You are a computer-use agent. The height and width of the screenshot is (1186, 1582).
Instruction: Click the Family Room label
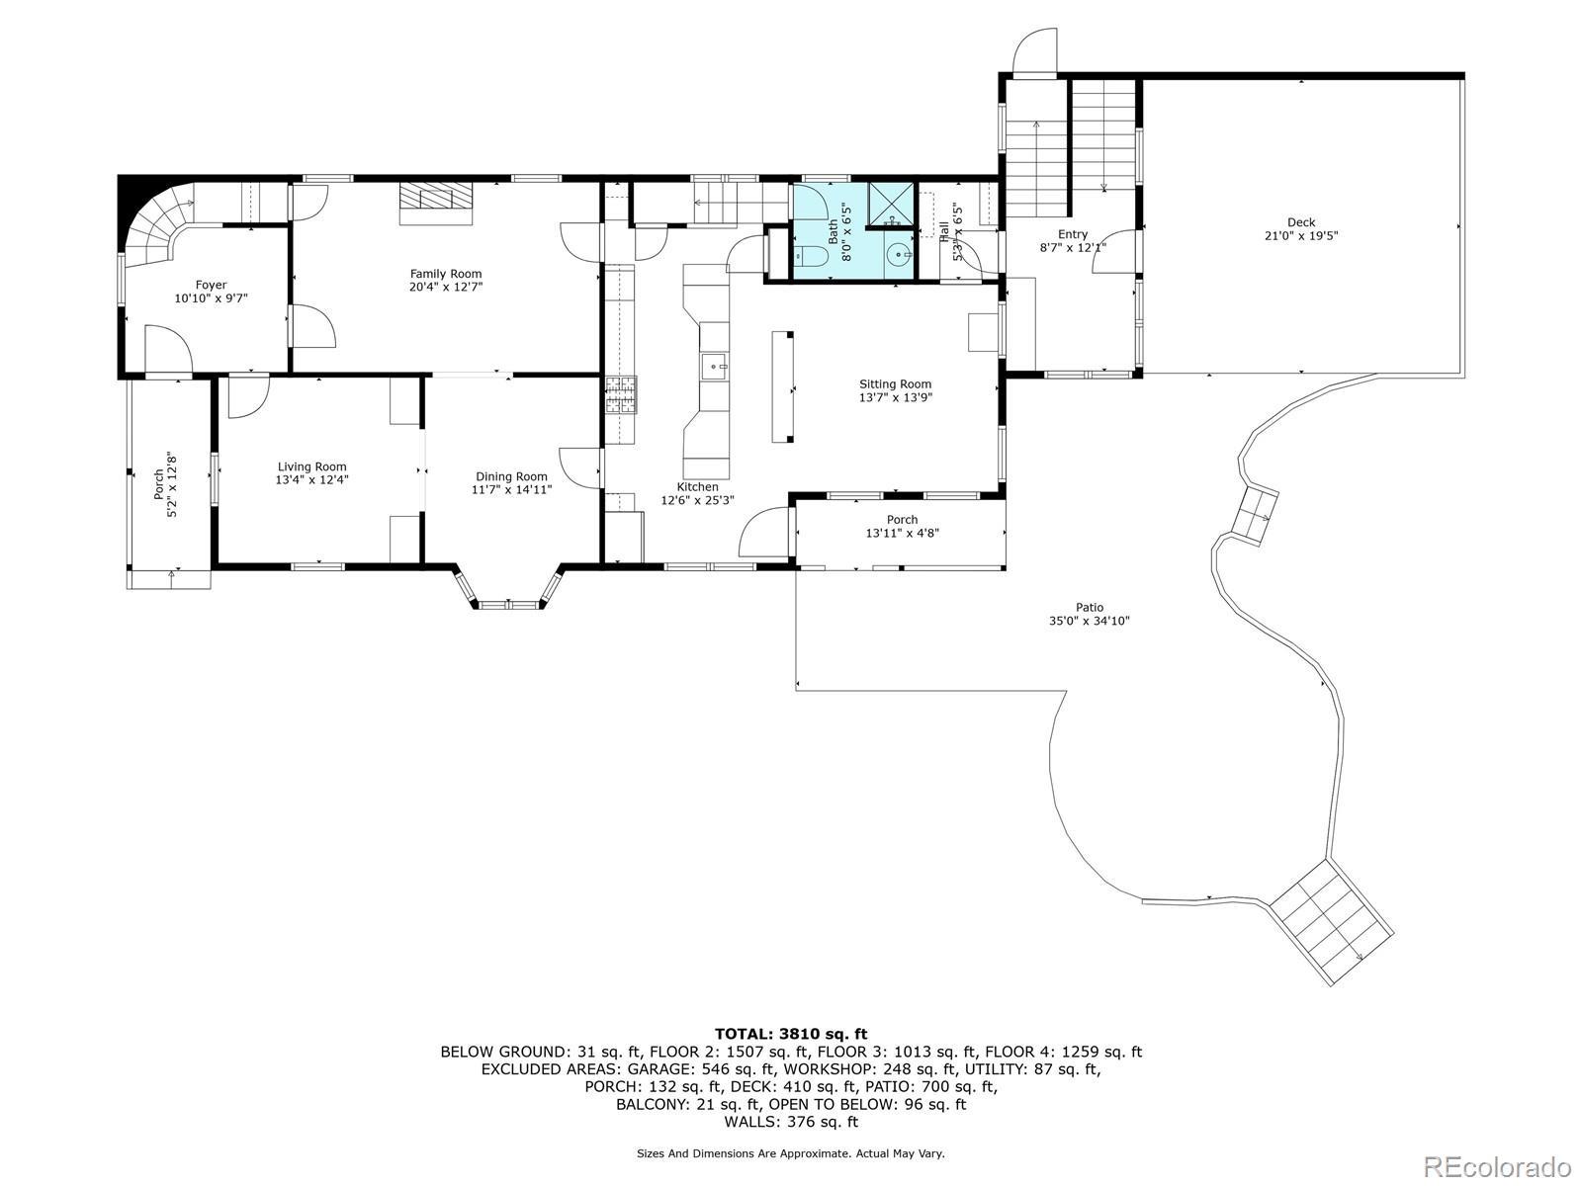[x=445, y=274]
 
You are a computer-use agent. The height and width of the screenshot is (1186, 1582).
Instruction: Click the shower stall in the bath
[x=891, y=206]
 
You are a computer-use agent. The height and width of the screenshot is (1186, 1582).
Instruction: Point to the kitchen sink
[x=714, y=368]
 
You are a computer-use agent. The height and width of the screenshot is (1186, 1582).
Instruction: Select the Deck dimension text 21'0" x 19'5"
[x=1301, y=235]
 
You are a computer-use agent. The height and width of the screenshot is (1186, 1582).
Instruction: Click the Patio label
[x=1090, y=607]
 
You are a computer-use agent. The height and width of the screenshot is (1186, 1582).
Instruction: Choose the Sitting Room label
[x=895, y=384]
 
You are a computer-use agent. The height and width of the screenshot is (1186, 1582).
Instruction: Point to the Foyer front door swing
[x=169, y=350]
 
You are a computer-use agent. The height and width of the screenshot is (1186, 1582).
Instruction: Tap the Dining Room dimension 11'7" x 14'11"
[x=512, y=489]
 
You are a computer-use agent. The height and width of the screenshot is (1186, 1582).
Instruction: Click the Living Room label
[x=312, y=466]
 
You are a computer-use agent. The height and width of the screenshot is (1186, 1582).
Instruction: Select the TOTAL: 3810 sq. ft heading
[x=791, y=1035]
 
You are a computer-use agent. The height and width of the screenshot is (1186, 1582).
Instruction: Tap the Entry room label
[x=1073, y=234]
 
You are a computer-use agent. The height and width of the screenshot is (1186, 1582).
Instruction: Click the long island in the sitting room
[x=783, y=386]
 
